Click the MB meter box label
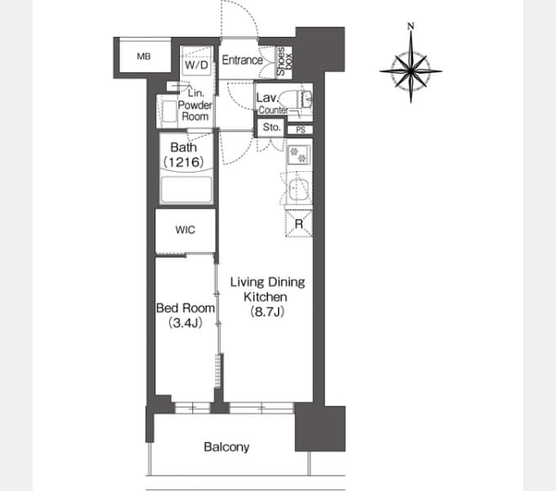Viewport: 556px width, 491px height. coord(144,56)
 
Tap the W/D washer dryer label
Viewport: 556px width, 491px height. coord(196,65)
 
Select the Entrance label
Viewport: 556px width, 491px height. coord(242,61)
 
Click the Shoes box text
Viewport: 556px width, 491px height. coord(284,61)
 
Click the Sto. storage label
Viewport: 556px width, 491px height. coord(271,127)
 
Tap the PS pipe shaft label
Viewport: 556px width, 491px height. coord(301,130)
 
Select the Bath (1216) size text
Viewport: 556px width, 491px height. coord(184,162)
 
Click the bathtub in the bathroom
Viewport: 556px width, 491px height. coord(186,190)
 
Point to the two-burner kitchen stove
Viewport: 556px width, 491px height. coord(298,155)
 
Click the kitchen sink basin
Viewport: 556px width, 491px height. coord(298,190)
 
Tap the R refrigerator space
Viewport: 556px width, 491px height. coord(299,223)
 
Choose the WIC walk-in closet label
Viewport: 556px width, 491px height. coord(185,230)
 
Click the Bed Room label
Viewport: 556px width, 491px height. coord(186,308)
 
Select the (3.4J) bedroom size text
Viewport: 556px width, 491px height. coord(185,323)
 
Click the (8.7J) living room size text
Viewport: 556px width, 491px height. coord(267,312)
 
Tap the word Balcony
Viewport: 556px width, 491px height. coord(226,447)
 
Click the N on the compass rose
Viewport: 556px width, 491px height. coord(410,26)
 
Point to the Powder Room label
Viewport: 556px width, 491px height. coord(195,110)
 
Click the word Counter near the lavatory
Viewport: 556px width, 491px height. coord(273,110)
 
